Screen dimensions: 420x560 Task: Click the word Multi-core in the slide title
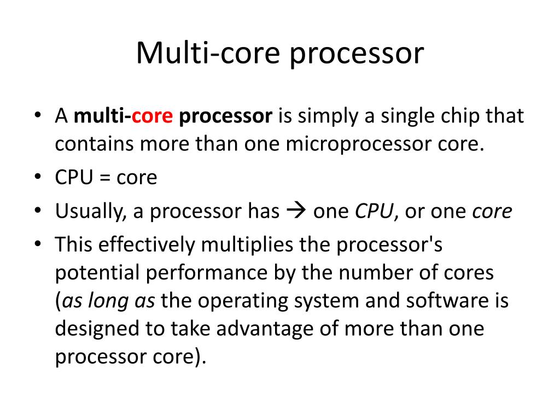coord(209,54)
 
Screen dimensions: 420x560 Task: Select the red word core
coord(153,116)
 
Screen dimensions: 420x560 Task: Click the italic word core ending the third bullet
coord(492,212)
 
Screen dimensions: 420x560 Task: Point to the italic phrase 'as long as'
coord(108,300)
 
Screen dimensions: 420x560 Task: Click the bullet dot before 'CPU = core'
coord(37,177)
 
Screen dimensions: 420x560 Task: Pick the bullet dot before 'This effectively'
coord(37,244)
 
